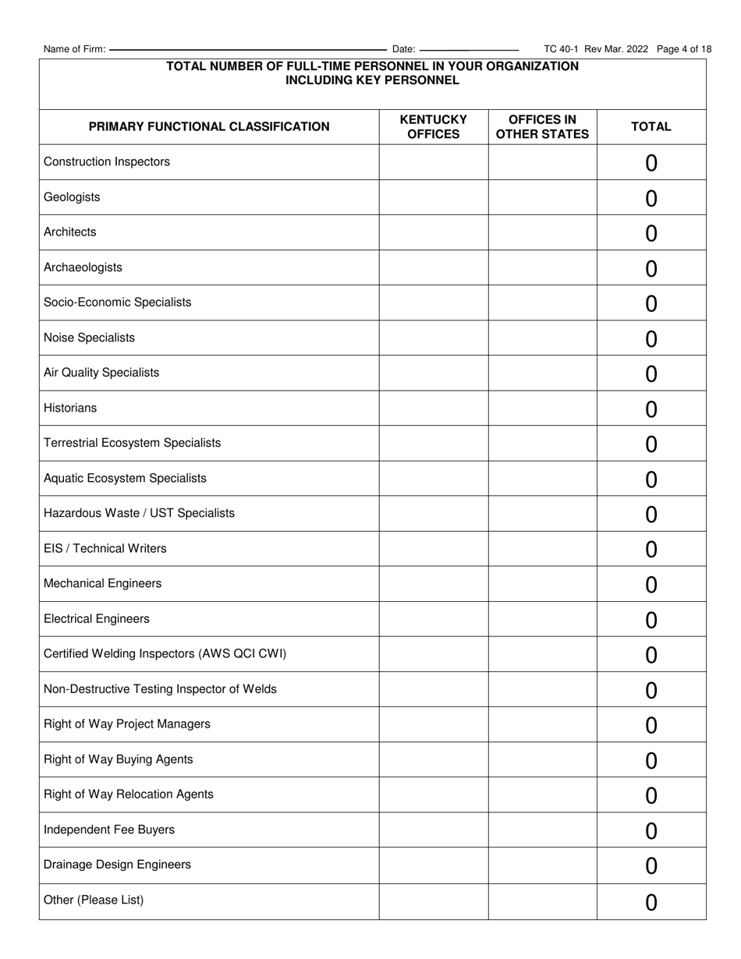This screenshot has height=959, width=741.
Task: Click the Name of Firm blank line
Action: (x=248, y=49)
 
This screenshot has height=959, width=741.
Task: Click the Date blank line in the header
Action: (x=469, y=49)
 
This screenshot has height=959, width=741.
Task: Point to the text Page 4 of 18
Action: (x=684, y=49)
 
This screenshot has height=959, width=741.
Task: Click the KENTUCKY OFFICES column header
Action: (x=433, y=127)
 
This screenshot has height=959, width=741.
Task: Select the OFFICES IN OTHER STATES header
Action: (x=542, y=127)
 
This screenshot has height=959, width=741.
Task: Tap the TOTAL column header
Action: (x=651, y=127)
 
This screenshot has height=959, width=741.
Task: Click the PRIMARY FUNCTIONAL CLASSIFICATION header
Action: (x=209, y=127)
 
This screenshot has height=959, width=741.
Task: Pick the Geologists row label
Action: (x=72, y=197)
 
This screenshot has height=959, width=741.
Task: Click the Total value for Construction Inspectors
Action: (x=651, y=163)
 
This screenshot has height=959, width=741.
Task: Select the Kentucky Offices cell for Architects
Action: (x=433, y=232)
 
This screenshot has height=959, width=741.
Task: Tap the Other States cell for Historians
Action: (x=542, y=408)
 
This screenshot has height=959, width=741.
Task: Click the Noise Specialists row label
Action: (x=89, y=338)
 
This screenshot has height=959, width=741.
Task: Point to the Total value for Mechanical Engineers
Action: (x=651, y=585)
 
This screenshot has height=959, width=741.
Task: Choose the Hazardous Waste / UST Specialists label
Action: (x=139, y=513)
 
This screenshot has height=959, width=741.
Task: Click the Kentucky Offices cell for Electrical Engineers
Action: (x=433, y=619)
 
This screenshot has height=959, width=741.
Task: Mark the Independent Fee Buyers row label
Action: (x=109, y=830)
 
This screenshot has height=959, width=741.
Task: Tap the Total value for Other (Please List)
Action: (x=651, y=902)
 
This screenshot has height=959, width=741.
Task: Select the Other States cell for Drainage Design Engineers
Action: (x=542, y=865)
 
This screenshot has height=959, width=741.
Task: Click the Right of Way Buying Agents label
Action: (x=119, y=759)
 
